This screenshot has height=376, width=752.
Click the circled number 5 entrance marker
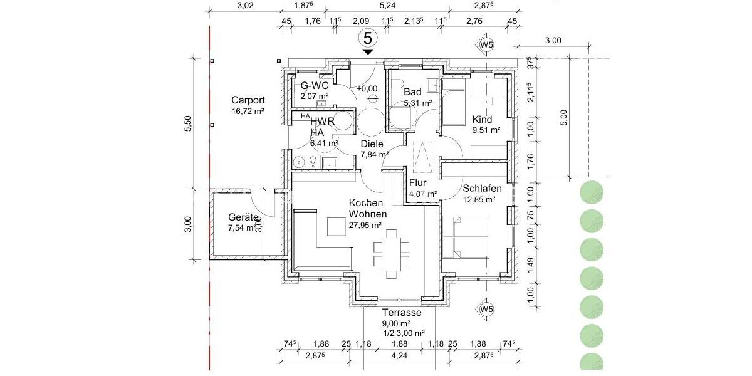[x=368, y=38]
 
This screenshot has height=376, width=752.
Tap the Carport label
[x=248, y=100]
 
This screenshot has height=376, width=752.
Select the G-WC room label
[x=315, y=86]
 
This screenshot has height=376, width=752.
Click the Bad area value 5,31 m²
[x=418, y=103]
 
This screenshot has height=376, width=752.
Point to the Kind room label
[x=482, y=119]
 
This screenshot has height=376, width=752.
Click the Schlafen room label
[x=483, y=188]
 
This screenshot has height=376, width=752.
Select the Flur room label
[x=418, y=183]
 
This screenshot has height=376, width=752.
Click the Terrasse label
[x=401, y=313]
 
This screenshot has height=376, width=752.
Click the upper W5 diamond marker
[x=486, y=45]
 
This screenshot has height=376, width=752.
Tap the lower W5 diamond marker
[x=486, y=309]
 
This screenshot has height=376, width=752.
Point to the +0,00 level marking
[x=367, y=89]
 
